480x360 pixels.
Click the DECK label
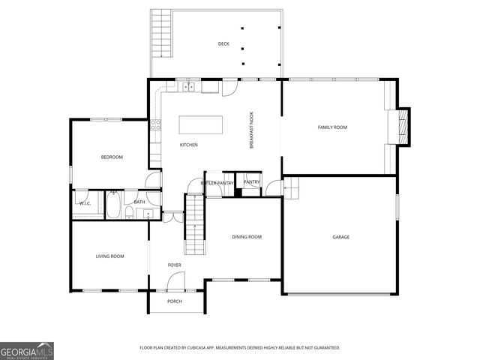point(223,44)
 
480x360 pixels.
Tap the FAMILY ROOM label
point(332,127)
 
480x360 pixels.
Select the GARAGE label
point(341,237)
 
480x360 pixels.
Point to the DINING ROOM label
point(247,237)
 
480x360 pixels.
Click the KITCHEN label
point(188,145)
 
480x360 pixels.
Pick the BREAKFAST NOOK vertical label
point(252,130)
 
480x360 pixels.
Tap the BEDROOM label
point(112,157)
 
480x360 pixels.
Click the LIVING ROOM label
point(109,256)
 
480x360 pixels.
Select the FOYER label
point(174,265)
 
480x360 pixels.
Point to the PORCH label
point(175,301)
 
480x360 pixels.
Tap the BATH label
point(139,202)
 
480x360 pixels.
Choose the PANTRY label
point(251,182)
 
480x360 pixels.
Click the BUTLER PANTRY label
point(217,183)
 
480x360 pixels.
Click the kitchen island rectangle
point(201,124)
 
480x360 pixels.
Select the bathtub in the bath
point(114,205)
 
